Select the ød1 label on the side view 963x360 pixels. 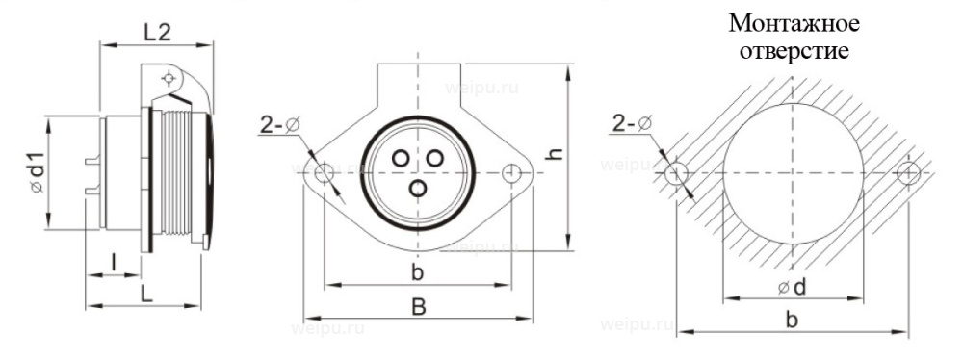37,173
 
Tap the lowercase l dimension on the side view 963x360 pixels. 114,262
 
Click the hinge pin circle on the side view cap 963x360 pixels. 169,78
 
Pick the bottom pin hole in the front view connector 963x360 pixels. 417,189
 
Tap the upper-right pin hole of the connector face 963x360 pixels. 434,157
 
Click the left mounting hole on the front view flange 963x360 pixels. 325,172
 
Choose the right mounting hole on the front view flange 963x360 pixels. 510,172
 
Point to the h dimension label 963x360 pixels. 581,154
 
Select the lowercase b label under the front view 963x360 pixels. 417,272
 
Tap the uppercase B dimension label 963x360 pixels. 419,306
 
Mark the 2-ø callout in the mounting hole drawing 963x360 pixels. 631,125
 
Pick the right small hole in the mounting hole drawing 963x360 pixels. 906,172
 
